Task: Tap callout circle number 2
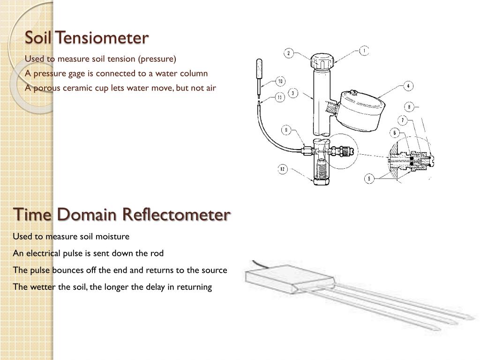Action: pyautogui.click(x=289, y=53)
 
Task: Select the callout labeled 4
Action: pyautogui.click(x=409, y=86)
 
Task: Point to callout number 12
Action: pyautogui.click(x=282, y=169)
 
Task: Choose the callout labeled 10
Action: pyautogui.click(x=280, y=81)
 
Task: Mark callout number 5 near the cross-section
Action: pyautogui.click(x=370, y=178)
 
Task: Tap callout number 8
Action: pyautogui.click(x=409, y=107)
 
